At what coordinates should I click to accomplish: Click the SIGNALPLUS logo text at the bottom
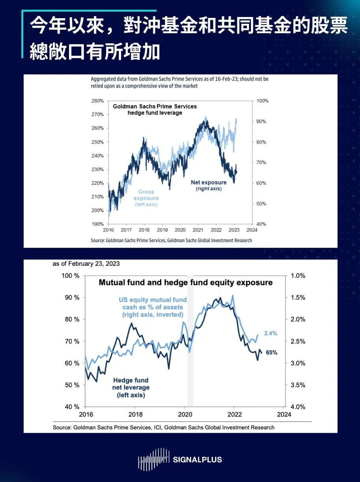coord(197,459)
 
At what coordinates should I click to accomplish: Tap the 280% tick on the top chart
coord(97,101)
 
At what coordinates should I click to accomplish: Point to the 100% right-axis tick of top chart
coord(262,101)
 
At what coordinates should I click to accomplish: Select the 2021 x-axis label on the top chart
coord(198,230)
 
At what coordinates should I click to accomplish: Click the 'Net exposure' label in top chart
coord(209,183)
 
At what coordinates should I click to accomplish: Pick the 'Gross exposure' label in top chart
coord(146,195)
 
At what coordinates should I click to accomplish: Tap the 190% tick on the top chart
coord(97,224)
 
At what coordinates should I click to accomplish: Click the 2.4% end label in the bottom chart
coord(270,333)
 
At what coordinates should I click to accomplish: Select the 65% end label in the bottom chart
coord(271,353)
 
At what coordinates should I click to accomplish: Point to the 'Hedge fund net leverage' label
coord(131,388)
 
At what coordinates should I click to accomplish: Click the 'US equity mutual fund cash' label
coord(152,307)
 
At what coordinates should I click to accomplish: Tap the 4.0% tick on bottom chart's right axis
coord(298,407)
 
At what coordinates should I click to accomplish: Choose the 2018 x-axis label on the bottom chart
coord(135,414)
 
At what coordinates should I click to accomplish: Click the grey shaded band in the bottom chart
coord(190,340)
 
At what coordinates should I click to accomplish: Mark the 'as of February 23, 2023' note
coord(86,264)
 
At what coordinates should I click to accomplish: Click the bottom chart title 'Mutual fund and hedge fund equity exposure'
coord(186,283)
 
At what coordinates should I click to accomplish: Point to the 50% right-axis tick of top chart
coord(261,203)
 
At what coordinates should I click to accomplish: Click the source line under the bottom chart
coord(163,427)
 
